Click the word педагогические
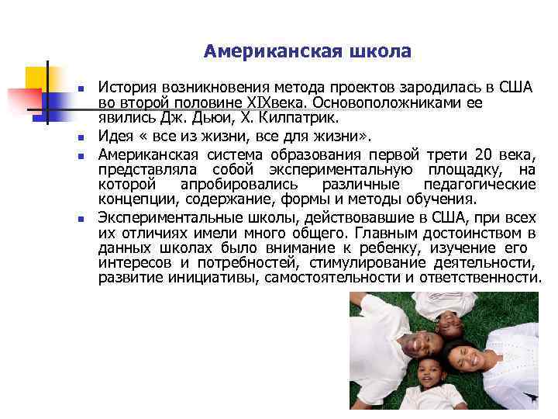coord(480,185)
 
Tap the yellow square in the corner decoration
coord(36,76)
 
